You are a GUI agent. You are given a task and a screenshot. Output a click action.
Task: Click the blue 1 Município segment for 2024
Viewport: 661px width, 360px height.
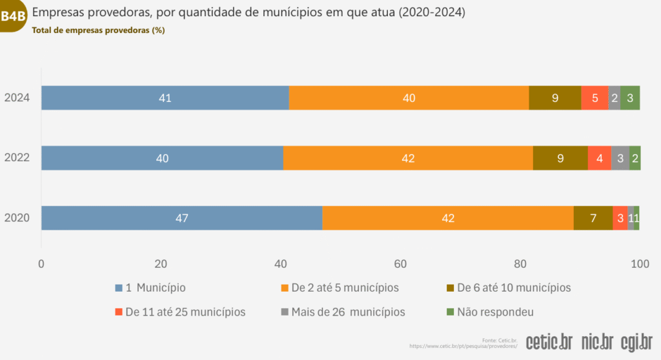(165, 98)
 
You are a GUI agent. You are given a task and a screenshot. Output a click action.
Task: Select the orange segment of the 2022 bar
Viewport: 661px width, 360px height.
(408, 158)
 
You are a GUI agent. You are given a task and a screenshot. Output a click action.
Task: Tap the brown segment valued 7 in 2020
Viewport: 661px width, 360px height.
(593, 218)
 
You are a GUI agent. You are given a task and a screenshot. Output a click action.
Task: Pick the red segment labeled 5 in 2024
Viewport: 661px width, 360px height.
(595, 98)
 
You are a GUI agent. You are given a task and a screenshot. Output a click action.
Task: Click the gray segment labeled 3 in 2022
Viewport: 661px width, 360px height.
(620, 158)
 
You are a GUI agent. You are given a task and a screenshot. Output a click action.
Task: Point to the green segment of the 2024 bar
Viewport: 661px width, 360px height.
(630, 98)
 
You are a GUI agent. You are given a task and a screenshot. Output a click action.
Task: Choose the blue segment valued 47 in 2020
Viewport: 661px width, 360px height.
(181, 218)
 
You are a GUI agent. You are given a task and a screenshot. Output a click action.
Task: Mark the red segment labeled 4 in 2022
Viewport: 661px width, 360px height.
(600, 158)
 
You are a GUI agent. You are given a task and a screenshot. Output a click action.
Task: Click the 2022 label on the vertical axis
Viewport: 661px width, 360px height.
(17, 158)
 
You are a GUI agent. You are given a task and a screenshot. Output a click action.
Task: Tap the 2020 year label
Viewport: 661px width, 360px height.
(17, 218)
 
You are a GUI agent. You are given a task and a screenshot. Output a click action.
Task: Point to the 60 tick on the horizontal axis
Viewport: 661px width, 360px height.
(400, 263)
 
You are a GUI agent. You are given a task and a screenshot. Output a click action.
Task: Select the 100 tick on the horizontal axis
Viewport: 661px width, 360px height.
(639, 263)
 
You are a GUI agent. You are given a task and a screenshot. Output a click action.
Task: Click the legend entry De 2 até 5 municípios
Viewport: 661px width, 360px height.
(340, 288)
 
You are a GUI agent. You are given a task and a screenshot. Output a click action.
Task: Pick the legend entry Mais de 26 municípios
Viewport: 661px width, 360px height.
(342, 312)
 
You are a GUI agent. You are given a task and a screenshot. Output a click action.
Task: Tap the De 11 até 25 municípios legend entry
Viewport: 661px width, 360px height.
(180, 312)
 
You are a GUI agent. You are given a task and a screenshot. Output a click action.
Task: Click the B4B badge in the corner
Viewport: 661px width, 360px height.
(13, 16)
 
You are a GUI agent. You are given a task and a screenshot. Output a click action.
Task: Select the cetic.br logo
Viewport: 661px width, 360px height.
(549, 341)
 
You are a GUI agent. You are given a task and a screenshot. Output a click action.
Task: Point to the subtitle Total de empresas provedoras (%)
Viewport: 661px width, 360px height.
(98, 30)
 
